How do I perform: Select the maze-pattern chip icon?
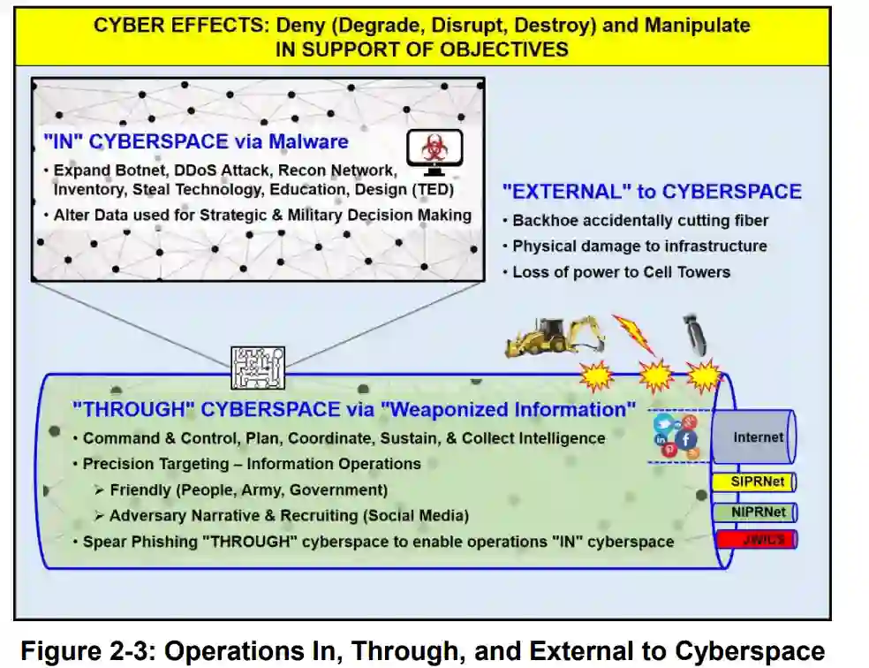click(x=258, y=368)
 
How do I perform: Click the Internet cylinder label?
click(x=758, y=437)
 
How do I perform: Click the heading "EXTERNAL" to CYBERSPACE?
click(x=651, y=192)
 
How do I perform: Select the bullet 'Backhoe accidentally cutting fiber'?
click(x=640, y=220)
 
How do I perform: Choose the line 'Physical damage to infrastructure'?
click(x=639, y=246)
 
